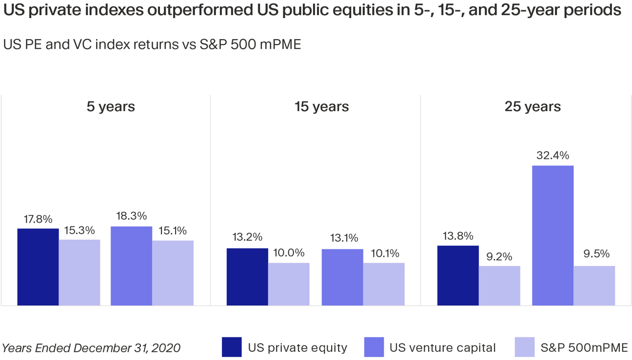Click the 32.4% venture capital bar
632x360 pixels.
(x=552, y=235)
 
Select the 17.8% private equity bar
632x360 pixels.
(x=38, y=267)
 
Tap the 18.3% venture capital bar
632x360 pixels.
(x=131, y=266)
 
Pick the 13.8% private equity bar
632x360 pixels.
(x=458, y=276)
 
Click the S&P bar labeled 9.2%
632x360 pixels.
(x=500, y=286)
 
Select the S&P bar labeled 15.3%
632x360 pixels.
(x=80, y=273)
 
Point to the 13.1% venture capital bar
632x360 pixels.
(x=342, y=277)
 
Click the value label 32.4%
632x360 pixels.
(x=552, y=155)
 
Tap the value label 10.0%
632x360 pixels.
(x=289, y=253)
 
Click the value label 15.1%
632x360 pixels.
(x=173, y=231)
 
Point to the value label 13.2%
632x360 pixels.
(x=247, y=237)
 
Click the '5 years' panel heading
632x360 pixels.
(x=111, y=107)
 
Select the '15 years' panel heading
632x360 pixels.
(x=322, y=107)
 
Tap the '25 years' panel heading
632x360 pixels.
(x=532, y=107)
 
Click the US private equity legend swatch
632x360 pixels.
(x=231, y=347)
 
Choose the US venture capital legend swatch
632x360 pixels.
(x=373, y=347)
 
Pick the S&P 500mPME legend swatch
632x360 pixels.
(x=524, y=347)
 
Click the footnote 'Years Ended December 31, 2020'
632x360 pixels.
(x=91, y=348)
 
